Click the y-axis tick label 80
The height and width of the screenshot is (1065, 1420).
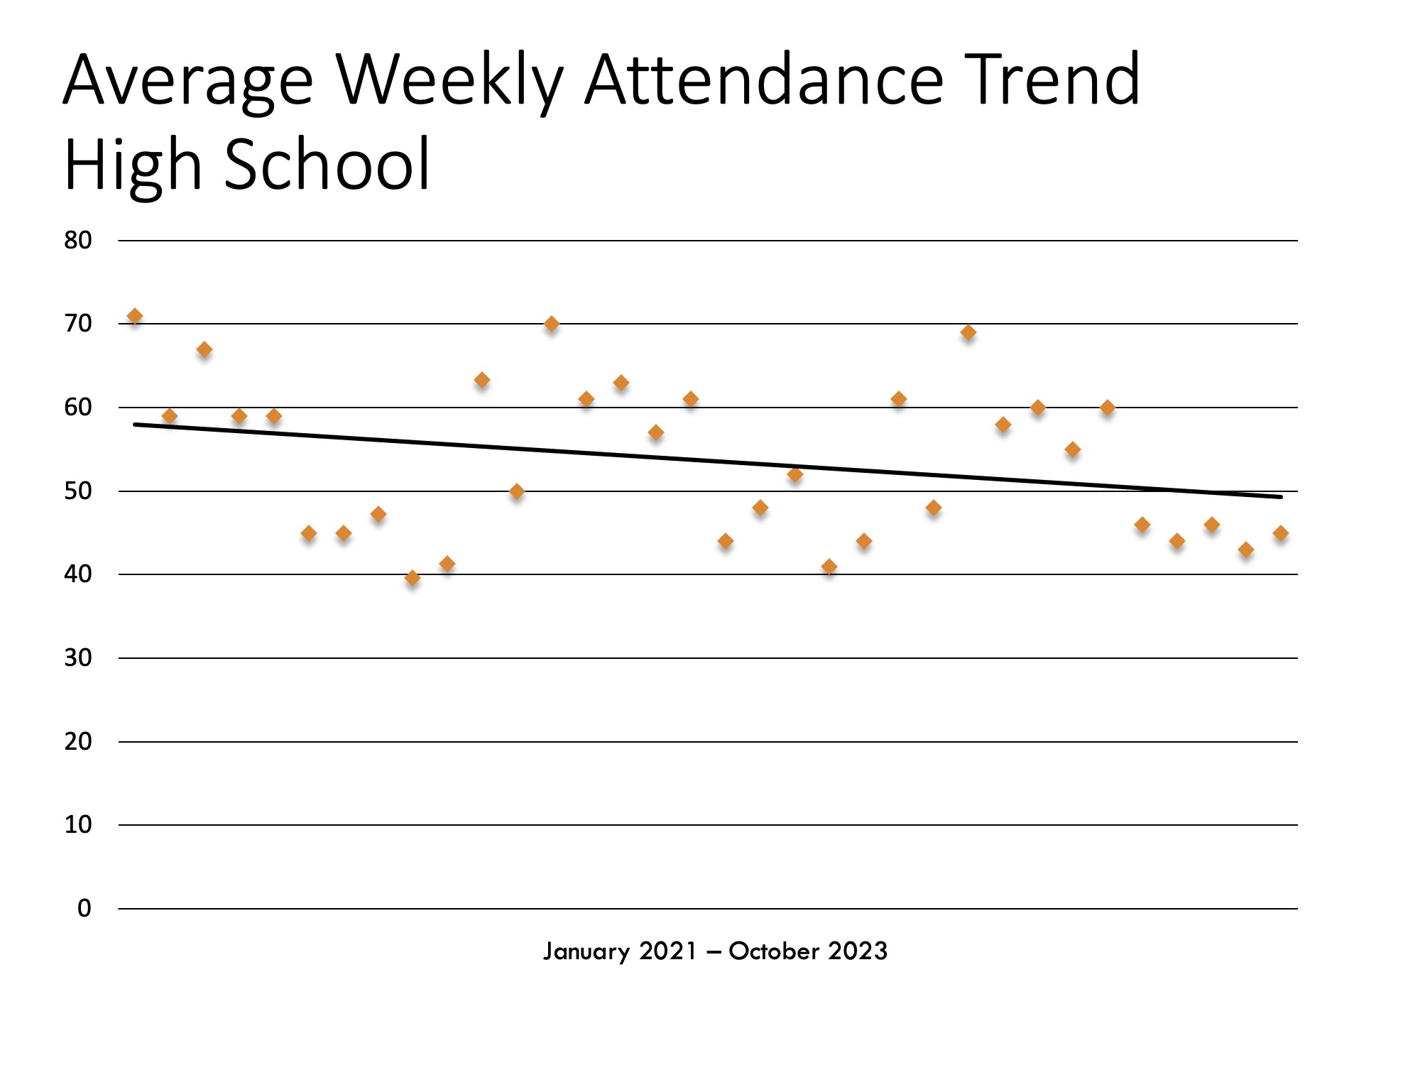[x=78, y=241]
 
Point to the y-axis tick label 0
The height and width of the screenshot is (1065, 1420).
[x=84, y=908]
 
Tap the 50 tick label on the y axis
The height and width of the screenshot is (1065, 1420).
[x=78, y=491]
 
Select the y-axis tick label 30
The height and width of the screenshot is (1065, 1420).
[x=78, y=658]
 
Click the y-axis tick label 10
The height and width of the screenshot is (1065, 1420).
[x=78, y=825]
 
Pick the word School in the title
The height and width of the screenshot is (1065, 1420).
[x=327, y=165]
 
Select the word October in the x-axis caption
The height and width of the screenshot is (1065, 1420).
[x=774, y=951]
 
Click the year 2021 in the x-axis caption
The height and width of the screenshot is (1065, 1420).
[x=668, y=951]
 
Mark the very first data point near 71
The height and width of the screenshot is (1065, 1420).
[x=135, y=316]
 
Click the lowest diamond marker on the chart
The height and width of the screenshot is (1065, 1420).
[x=413, y=578]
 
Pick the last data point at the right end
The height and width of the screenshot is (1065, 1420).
[x=1280, y=533]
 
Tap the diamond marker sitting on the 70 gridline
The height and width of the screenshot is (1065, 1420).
[x=552, y=324]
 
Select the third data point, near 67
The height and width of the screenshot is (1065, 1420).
[x=204, y=349]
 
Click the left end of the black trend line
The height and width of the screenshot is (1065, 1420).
[x=135, y=425]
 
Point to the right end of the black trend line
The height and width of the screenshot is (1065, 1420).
[x=1281, y=497]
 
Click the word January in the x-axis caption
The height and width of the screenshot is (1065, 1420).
[x=586, y=951]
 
